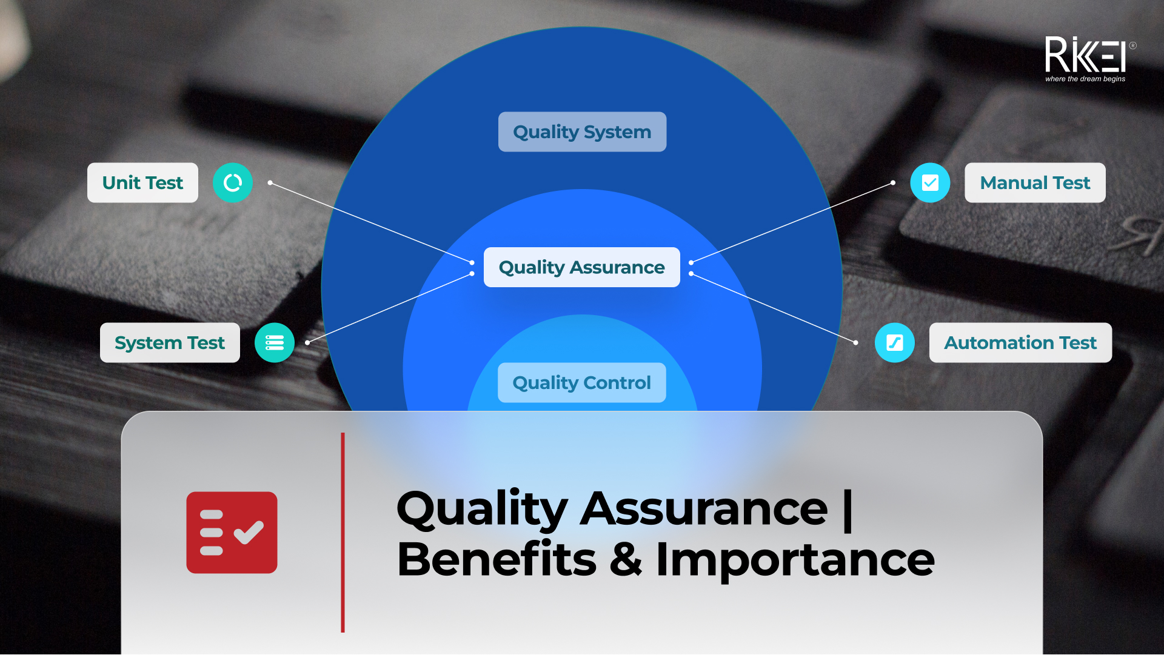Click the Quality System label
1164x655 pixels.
(582, 132)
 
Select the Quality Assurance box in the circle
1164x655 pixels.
(582, 267)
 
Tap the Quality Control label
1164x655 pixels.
(582, 383)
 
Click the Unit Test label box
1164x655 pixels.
(142, 183)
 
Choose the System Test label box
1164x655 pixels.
(170, 343)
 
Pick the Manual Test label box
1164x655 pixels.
(1035, 183)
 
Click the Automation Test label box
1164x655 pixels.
(1020, 343)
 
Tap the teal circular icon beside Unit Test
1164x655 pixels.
(233, 183)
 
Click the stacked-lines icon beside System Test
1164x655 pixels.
(275, 343)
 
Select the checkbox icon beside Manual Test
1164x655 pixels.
(930, 183)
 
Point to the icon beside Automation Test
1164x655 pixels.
(895, 343)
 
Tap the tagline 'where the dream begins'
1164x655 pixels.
(1085, 79)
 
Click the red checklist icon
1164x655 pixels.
(232, 533)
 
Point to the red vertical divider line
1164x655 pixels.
(343, 533)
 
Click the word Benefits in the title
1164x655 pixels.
(497, 559)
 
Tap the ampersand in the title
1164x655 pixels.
(626, 559)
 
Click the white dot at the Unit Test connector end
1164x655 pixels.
(270, 182)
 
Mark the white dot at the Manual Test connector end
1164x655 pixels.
(893, 182)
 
